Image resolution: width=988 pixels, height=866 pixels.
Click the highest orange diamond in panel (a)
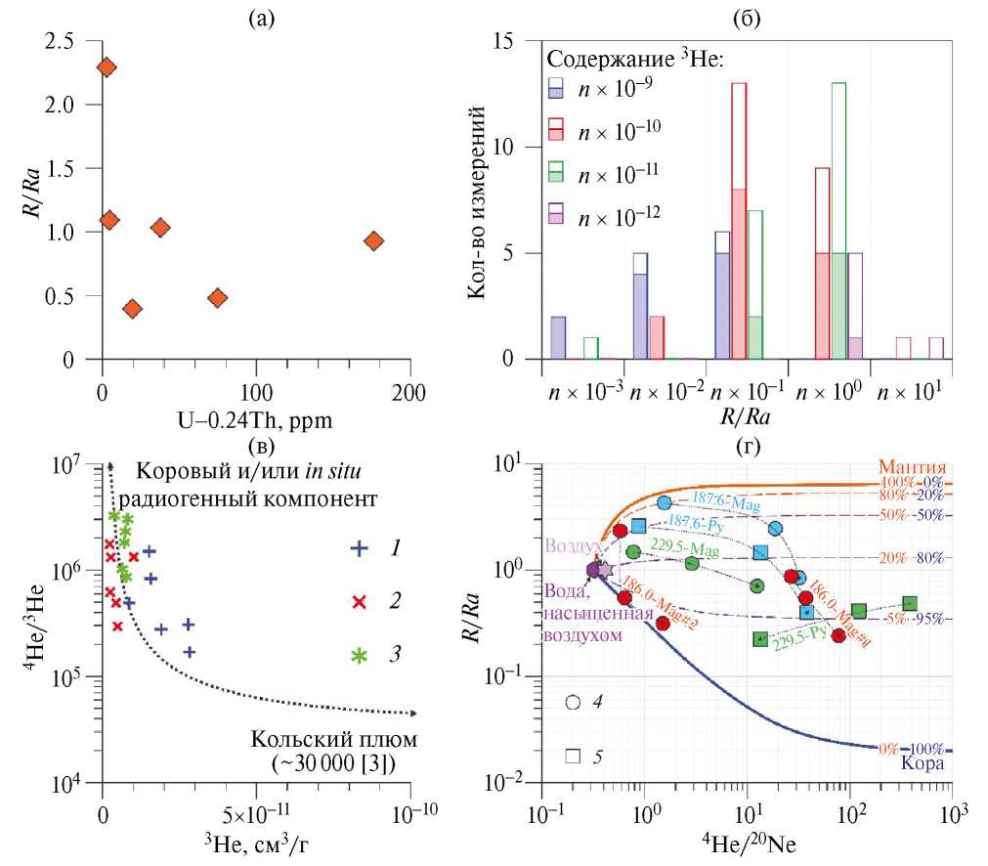coord(107,67)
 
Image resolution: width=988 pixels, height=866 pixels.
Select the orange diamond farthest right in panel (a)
coord(373,241)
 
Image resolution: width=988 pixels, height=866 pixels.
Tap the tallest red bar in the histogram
coord(739,221)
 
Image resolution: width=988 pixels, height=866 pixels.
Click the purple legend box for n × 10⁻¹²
coord(558,215)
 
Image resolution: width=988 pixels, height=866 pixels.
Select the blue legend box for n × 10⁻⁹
coord(558,89)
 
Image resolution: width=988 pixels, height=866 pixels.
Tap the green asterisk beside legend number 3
coord(360,654)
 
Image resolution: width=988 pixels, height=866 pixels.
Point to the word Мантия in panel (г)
coord(915,466)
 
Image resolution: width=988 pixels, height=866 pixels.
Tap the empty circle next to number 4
coord(573,703)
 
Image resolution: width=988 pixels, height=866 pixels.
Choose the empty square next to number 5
coord(573,756)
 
